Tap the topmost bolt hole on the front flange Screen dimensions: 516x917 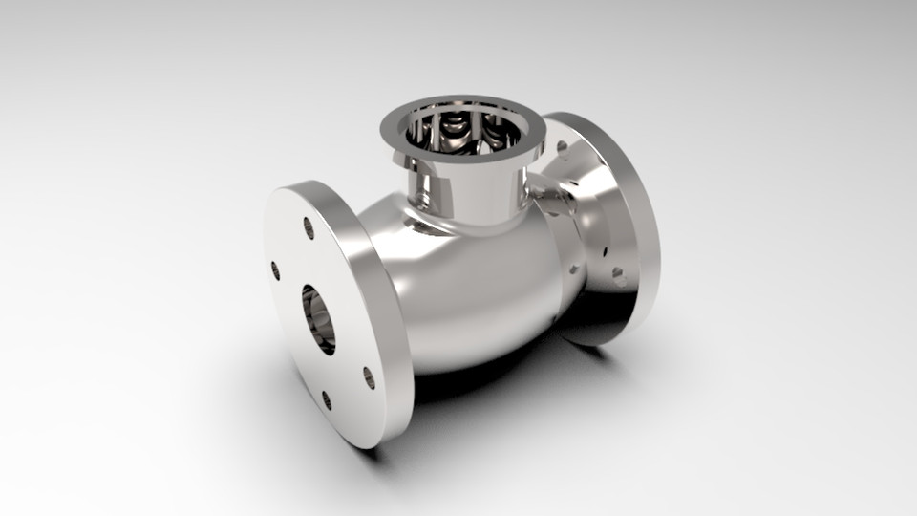[x=309, y=227]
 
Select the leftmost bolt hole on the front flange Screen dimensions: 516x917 [x=276, y=270]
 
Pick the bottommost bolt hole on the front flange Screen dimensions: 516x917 [x=327, y=400]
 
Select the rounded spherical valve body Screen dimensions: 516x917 [x=478, y=287]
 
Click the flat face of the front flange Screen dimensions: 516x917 [x=306, y=363]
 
